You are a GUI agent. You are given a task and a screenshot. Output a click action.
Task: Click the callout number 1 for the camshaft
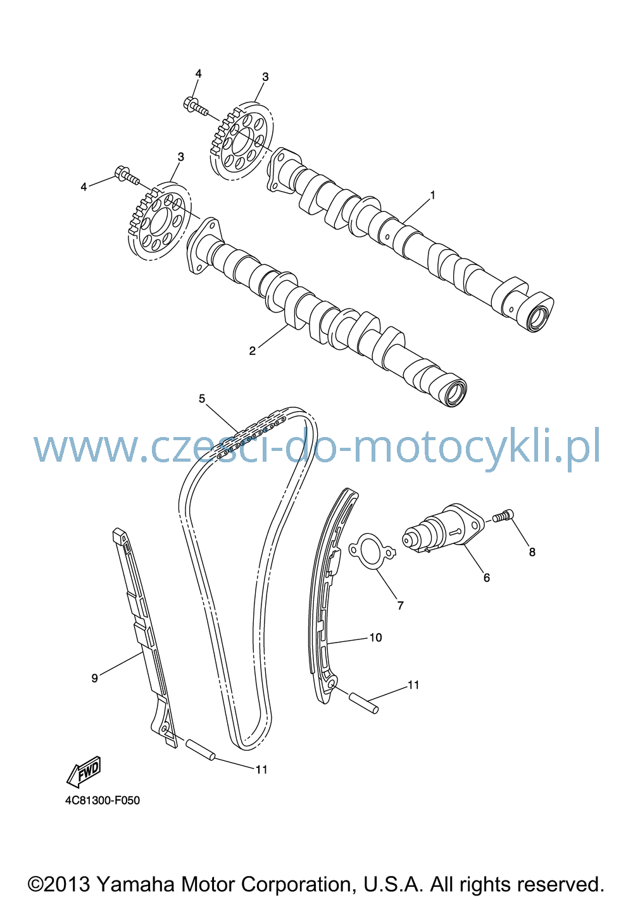(433, 195)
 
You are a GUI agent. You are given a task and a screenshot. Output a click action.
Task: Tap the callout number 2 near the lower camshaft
(252, 351)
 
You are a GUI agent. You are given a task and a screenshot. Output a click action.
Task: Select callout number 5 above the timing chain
(202, 398)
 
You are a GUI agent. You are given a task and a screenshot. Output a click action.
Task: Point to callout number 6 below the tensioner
(487, 578)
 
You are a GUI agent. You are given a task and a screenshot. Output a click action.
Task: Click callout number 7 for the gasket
(400, 605)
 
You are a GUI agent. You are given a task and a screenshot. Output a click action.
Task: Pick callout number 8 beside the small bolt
(532, 552)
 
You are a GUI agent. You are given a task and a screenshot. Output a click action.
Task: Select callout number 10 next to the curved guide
(375, 638)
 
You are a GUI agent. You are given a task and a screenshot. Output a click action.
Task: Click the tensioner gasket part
(372, 552)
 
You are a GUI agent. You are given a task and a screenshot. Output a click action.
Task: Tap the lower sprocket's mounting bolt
(127, 176)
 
